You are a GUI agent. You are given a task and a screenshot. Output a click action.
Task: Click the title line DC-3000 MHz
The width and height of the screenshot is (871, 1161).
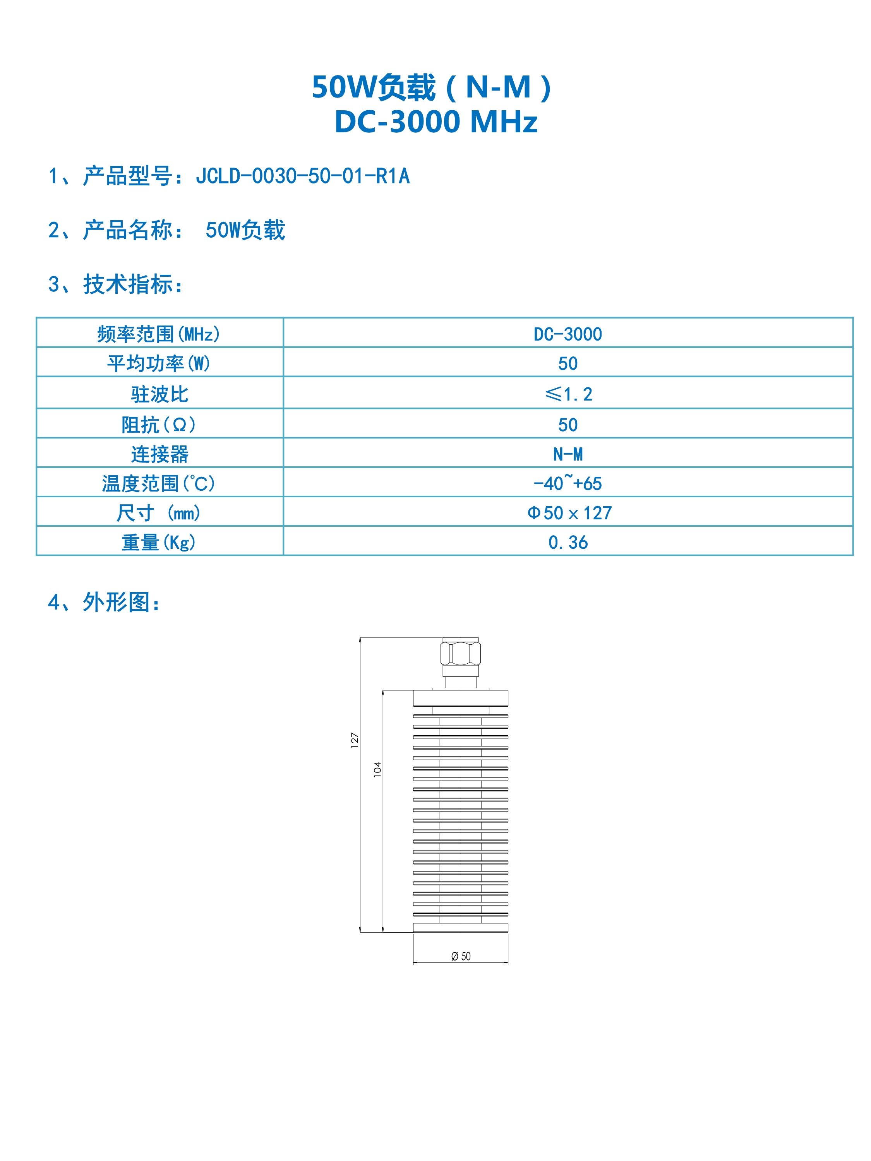click(436, 122)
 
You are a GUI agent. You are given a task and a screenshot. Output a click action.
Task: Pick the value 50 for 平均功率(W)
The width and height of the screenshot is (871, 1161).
click(568, 364)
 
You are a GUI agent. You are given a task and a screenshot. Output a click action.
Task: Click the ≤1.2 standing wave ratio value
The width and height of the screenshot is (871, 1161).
click(569, 394)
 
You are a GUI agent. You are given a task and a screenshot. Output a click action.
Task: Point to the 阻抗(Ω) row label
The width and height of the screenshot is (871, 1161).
click(159, 425)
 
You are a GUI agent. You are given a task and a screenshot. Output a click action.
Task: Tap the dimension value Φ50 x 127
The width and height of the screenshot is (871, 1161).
click(570, 513)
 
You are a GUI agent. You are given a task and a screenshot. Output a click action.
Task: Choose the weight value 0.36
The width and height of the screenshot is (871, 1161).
click(568, 542)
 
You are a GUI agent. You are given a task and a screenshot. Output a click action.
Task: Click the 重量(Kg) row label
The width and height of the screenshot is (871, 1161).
click(159, 542)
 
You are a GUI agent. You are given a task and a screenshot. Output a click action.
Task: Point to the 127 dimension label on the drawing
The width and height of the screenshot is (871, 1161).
click(354, 740)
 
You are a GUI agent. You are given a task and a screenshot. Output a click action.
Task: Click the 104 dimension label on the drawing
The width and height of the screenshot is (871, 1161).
click(377, 769)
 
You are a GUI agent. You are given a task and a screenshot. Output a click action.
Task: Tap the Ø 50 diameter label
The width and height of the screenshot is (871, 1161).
click(461, 956)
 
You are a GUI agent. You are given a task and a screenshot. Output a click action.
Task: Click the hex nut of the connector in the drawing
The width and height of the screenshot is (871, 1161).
click(460, 654)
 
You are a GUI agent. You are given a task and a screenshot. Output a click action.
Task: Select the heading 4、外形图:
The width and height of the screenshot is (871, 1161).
click(104, 602)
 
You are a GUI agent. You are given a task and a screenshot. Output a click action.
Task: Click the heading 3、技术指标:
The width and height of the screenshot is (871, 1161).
click(115, 284)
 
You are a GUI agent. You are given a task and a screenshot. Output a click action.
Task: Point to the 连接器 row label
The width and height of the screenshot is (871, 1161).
click(159, 454)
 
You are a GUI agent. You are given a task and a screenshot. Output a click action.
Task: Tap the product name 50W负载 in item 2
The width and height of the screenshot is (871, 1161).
click(245, 230)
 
